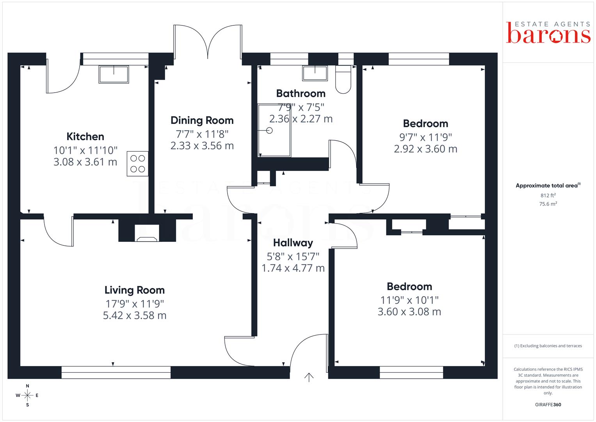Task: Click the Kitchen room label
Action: point(85,136)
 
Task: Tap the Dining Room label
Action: point(202,120)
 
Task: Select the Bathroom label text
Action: point(301,93)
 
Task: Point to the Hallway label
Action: point(293,243)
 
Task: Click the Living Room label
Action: point(134,290)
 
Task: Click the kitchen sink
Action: point(114,75)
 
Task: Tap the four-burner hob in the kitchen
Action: point(137,164)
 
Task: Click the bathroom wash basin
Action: point(315,73)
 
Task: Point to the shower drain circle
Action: point(269,131)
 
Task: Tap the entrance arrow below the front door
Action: point(309,377)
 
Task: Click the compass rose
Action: point(27,395)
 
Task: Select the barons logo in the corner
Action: point(548,32)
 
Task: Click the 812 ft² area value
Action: point(548,195)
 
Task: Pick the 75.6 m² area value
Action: point(548,204)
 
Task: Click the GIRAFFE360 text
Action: point(548,405)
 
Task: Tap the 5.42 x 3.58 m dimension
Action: point(135,315)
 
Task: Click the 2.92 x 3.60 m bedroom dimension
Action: point(425,149)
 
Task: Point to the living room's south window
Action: point(116,372)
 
